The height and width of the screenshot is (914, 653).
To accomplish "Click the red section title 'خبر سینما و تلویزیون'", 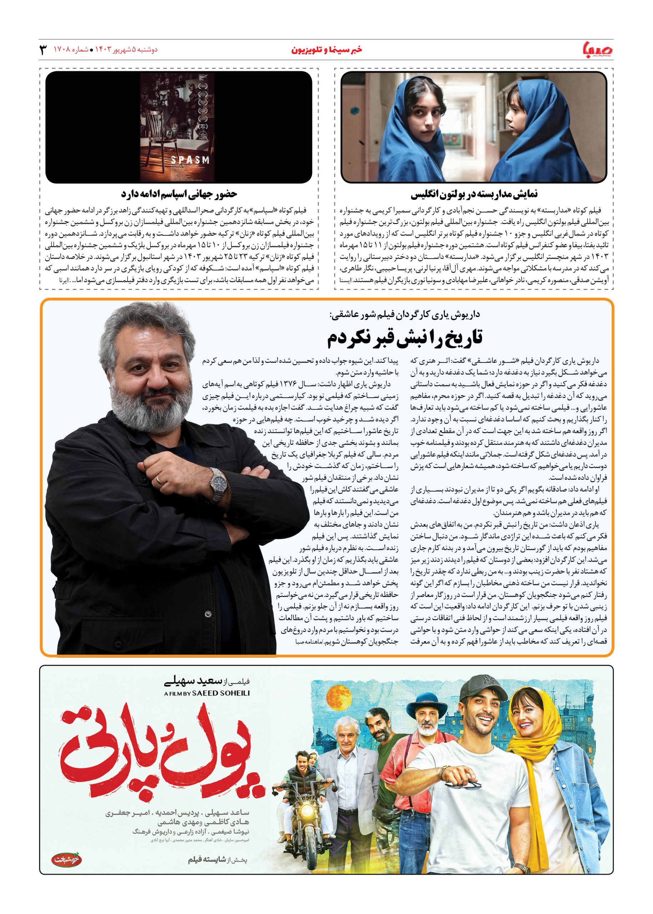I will [326, 50].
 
